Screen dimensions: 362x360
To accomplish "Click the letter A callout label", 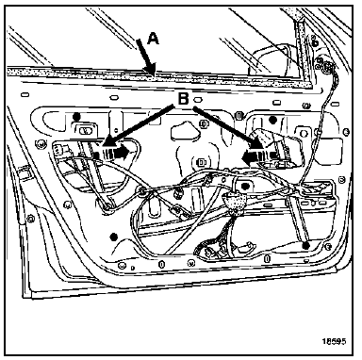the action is click(153, 39).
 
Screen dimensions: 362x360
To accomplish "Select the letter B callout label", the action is click(184, 99).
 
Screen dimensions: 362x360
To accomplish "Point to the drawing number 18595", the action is click(334, 341).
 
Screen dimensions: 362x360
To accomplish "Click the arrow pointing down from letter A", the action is click(146, 57).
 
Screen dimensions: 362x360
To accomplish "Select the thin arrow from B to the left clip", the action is click(138, 126).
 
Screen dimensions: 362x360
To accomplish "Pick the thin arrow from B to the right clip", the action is click(228, 127).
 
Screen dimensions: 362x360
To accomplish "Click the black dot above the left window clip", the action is click(76, 117).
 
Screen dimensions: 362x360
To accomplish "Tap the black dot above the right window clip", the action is click(272, 120).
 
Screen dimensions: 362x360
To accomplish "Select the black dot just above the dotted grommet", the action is click(243, 187).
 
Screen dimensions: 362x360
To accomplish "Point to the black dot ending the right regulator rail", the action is click(306, 245).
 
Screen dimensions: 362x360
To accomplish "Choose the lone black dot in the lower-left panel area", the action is click(114, 237).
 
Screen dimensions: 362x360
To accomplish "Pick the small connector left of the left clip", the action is click(58, 149).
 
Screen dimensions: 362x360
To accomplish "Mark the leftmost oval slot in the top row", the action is click(25, 94).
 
